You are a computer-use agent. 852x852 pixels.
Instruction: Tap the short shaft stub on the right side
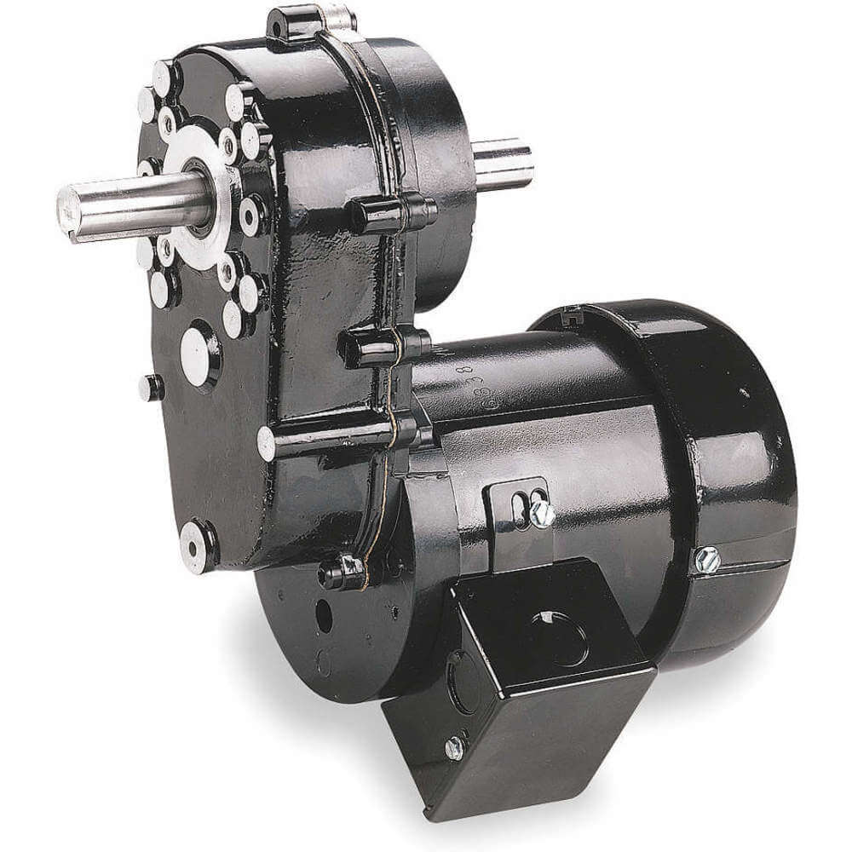coord(504,162)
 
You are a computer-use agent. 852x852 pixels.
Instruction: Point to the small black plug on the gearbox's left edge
coord(151,388)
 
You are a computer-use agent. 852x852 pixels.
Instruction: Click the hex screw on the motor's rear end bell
coord(706,559)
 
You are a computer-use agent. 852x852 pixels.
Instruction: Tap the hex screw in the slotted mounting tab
coord(540,513)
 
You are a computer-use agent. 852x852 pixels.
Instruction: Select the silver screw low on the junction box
coord(455,747)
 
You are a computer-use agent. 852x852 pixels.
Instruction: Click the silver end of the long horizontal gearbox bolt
coord(268,443)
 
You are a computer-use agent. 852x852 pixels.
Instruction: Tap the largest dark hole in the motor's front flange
coord(324,615)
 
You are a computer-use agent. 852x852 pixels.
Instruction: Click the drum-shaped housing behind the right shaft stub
coord(443,153)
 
